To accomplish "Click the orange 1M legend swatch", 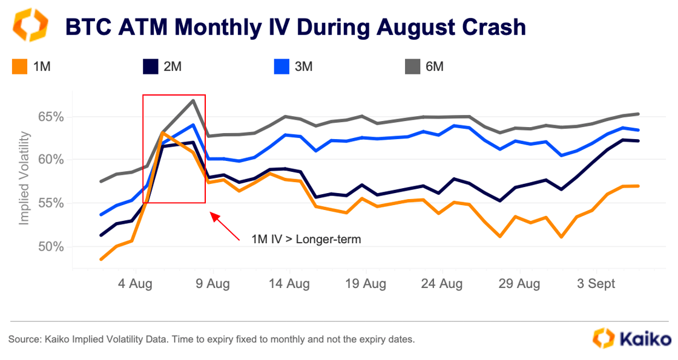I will [x=19, y=67].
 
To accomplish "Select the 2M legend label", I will [x=172, y=67].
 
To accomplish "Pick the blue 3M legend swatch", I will [x=281, y=67].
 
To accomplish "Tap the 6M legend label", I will [x=435, y=67].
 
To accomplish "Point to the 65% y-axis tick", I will [x=51, y=117].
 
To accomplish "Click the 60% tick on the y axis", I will [x=51, y=160].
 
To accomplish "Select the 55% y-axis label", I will [x=51, y=203].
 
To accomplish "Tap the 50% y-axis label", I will [x=51, y=247].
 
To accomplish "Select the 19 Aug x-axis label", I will [x=364, y=284].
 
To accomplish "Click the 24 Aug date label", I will [x=441, y=284].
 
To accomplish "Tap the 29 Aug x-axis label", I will [x=518, y=284].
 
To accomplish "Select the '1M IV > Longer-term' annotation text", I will [x=306, y=239].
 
